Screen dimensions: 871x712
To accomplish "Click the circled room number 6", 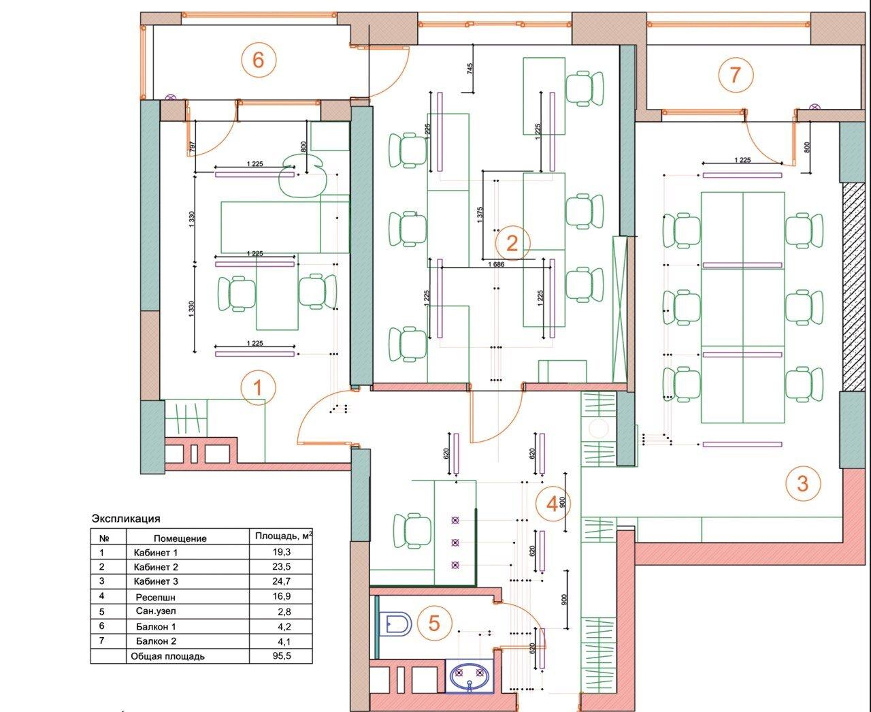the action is coord(259,61).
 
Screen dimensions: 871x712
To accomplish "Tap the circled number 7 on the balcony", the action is coord(736,75).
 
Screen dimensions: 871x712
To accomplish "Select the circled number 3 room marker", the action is coord(803,483).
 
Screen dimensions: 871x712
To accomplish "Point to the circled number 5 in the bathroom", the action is coord(434,624).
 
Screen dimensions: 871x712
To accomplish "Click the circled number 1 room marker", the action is coord(259,387).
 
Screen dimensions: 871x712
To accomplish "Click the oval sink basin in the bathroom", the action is coord(469,678).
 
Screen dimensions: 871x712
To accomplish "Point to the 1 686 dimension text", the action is coord(496,264).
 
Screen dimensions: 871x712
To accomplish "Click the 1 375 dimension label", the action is coord(480,214).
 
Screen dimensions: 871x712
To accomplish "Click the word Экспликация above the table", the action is coord(126,519).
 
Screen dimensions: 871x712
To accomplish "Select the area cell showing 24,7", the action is coord(281,581).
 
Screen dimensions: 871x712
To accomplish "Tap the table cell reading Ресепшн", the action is coord(156,597).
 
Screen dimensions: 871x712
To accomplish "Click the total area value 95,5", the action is coord(282,656).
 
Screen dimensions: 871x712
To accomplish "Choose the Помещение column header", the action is coord(180,538).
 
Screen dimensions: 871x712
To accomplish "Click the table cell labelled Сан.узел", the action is coord(156,611).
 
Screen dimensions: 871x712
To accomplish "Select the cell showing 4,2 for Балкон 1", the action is coord(284,626).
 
